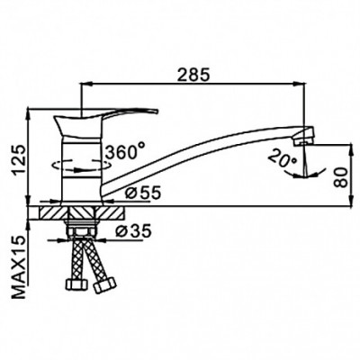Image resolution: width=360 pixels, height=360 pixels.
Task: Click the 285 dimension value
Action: (193, 75)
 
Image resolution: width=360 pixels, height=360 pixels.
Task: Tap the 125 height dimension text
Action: (19, 159)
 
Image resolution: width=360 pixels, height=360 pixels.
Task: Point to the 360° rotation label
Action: (125, 151)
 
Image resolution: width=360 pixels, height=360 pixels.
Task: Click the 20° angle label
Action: (283, 160)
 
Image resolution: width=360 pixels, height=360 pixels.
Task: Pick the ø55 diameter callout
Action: (143, 193)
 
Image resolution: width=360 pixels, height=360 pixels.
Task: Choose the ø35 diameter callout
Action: (133, 231)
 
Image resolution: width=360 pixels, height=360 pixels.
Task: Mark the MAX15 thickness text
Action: (19, 267)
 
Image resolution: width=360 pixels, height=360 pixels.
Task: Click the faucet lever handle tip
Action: (157, 111)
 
